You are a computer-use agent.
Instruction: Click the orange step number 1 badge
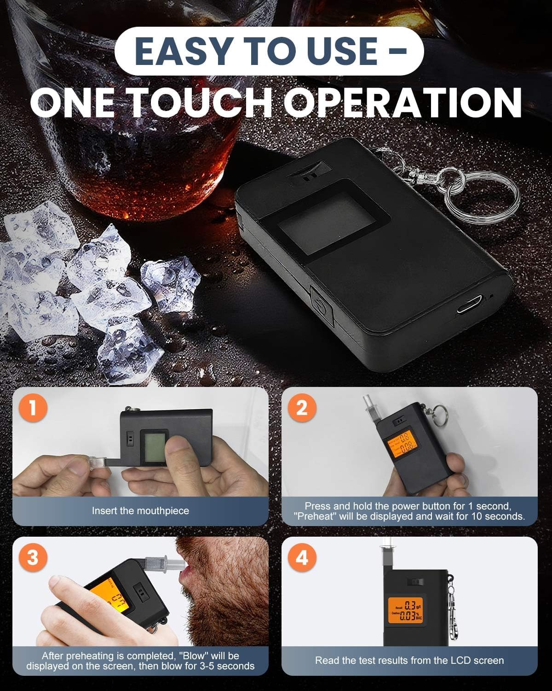33,408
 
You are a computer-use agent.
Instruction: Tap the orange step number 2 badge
302,408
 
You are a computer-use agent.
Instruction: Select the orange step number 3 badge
33,558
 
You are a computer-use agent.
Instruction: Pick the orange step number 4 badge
302,558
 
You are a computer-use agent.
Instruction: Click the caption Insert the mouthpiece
140,510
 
